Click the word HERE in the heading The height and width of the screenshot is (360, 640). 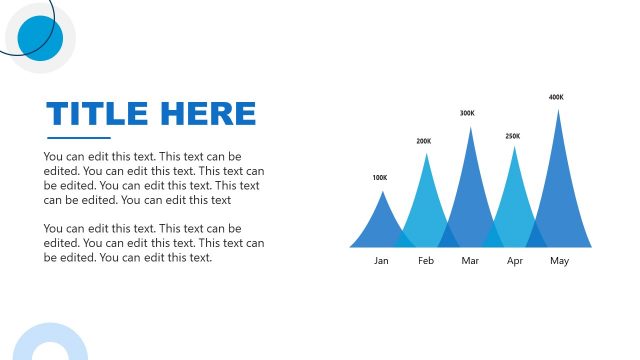click(211, 113)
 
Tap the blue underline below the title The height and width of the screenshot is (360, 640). click(79, 137)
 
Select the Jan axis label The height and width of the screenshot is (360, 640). click(381, 261)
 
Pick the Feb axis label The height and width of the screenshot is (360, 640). click(426, 261)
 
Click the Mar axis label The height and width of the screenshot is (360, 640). click(471, 261)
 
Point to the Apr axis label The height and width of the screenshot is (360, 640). click(515, 261)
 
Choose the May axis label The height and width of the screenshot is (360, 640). click(559, 261)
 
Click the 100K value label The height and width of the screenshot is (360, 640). click(379, 178)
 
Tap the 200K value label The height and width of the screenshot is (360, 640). click(424, 141)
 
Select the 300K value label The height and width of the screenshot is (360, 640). click(467, 113)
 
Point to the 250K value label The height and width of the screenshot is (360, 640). click(513, 136)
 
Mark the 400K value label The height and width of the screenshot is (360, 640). click(556, 97)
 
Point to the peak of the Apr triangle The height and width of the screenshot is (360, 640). click(515, 148)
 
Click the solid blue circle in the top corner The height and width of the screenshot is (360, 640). click(40, 38)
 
